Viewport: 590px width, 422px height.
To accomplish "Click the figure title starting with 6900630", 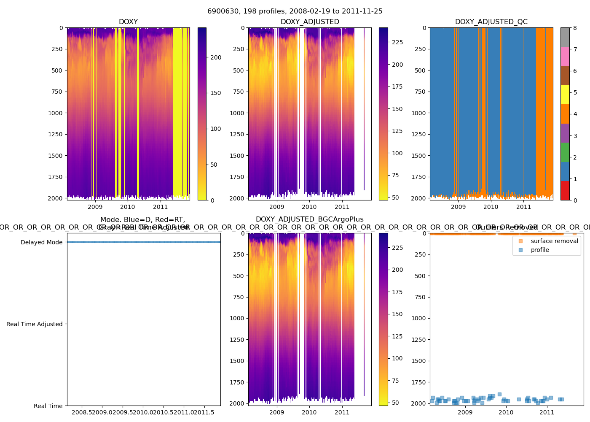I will pos(295,11).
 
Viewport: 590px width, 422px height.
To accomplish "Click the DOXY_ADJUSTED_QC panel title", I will pos(491,22).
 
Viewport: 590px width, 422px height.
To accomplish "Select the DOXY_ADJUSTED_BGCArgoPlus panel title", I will pos(309,219).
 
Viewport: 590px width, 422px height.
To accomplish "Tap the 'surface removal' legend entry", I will pos(554,241).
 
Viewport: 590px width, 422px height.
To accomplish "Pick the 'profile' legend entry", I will pos(540,250).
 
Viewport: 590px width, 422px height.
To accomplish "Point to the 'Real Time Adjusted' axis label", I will pos(34,324).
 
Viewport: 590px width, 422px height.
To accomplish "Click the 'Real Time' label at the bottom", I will pos(48,406).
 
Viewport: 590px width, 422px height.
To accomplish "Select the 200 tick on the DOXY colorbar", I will pos(216,57).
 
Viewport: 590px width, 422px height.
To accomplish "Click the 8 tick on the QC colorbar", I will pos(575,28).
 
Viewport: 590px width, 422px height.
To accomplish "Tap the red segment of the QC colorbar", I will pos(565,191).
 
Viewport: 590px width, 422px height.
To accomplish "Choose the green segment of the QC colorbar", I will pos(565,152).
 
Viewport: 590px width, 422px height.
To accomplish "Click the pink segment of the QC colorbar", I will pos(565,57).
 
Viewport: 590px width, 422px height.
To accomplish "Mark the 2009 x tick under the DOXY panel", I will pos(95,207).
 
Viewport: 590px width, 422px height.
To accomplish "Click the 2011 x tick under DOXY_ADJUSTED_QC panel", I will pos(524,207).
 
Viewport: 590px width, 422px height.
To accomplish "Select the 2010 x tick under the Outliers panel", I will pos(506,412).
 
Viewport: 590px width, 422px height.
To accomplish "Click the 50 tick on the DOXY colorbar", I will pos(214,165).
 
